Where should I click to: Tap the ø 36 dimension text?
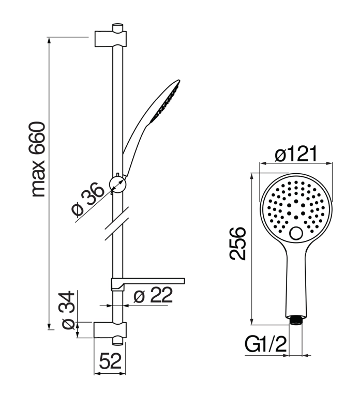87,199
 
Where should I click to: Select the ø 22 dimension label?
153,295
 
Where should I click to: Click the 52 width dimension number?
110,361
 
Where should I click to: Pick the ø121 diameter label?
296,154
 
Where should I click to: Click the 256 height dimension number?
238,244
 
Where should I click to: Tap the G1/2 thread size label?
266,344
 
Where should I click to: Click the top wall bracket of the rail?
111,39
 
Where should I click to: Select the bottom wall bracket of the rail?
110,330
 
